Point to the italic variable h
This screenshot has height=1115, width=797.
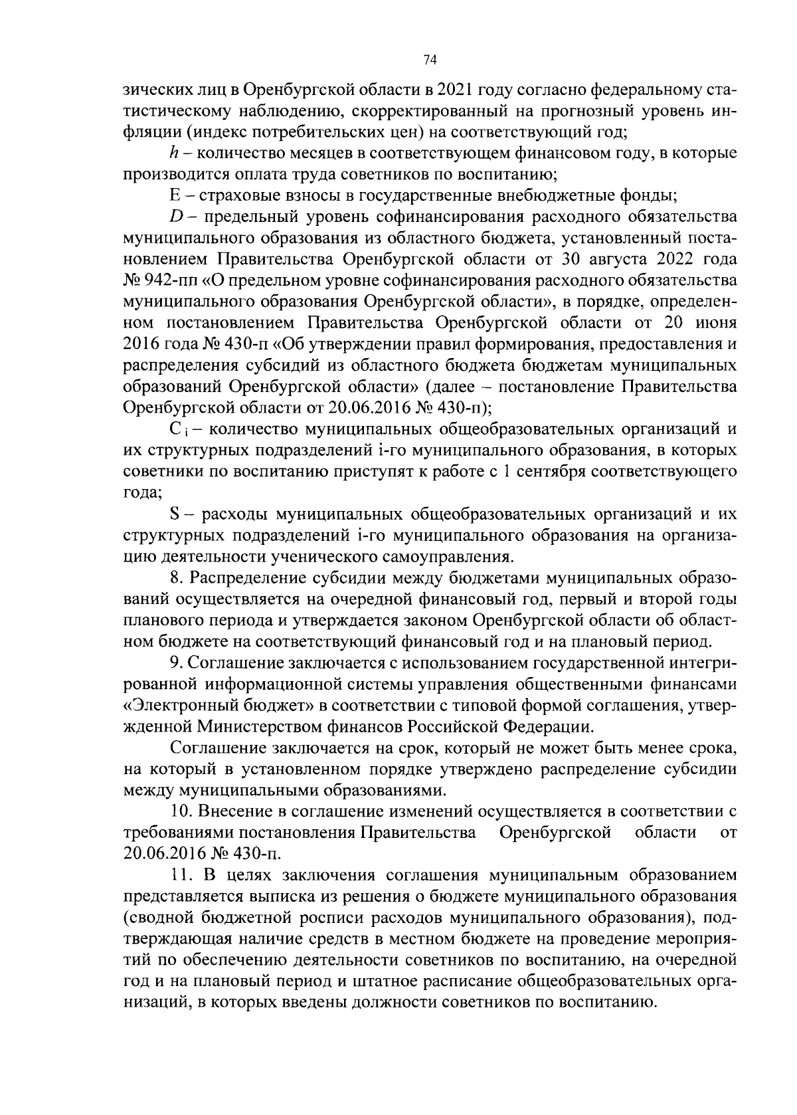tap(174, 153)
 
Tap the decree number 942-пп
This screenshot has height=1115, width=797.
tap(164, 280)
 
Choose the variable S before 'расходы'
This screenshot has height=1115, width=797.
tap(176, 514)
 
